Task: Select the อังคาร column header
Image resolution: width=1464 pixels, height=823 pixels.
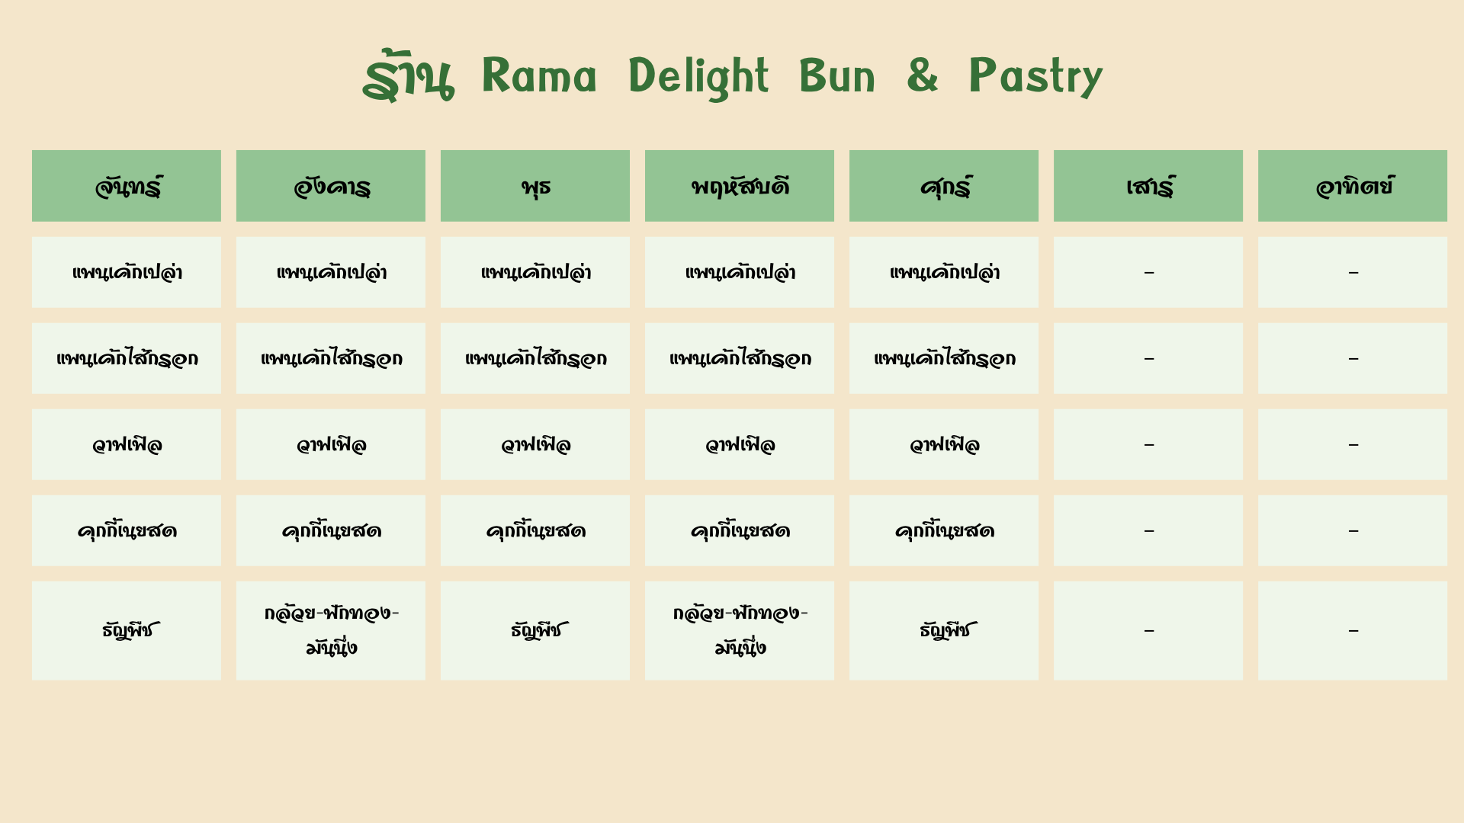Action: point(332,187)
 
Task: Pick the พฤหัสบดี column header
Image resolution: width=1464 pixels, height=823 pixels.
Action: point(740,187)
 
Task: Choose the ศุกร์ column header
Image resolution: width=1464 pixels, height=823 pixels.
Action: point(945,187)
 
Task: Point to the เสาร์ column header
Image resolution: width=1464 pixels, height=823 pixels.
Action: point(1149,187)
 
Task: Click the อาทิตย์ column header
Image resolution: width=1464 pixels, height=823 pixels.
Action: point(1353,187)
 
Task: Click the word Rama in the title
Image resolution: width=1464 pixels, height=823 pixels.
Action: point(539,76)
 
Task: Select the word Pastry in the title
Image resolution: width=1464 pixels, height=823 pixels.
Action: point(1035,77)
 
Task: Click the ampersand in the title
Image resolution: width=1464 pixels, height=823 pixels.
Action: point(922,75)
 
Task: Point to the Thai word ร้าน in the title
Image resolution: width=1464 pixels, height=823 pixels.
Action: point(408,76)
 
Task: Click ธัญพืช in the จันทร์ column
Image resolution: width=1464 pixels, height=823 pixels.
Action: point(128,630)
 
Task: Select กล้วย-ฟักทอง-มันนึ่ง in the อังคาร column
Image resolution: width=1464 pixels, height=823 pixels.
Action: point(332,630)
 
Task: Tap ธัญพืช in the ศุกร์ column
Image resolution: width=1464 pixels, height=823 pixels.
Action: point(945,630)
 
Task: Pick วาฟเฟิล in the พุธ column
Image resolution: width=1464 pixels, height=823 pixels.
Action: point(536,444)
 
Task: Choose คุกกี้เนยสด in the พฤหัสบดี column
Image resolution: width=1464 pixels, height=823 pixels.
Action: point(740,530)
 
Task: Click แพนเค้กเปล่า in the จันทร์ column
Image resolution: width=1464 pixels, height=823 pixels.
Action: point(127,272)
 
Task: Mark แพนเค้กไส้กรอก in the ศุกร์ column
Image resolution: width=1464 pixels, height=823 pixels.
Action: point(945,358)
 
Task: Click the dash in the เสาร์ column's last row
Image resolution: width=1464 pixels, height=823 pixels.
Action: point(1149,631)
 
